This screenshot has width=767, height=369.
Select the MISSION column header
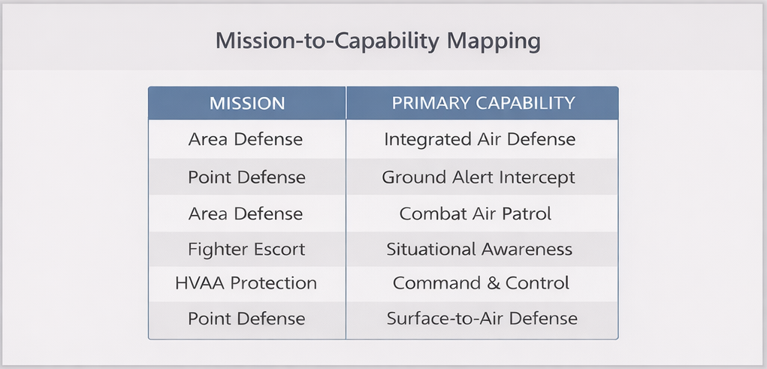(246, 103)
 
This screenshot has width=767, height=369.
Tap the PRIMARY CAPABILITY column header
(483, 103)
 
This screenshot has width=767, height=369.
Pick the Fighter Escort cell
(246, 250)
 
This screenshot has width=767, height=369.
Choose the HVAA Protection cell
(246, 283)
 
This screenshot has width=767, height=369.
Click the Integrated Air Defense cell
(479, 139)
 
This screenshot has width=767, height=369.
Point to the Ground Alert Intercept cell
(479, 177)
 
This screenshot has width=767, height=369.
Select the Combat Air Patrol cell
(476, 213)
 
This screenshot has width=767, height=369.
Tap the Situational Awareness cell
(479, 250)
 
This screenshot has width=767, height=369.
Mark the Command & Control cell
(481, 283)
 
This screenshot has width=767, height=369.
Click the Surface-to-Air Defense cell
(482, 318)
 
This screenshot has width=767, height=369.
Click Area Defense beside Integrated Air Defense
(246, 139)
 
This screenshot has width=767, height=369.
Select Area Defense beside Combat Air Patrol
(246, 213)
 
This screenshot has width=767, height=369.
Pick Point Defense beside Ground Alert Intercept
(246, 177)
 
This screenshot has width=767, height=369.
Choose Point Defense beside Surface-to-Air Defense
(246, 318)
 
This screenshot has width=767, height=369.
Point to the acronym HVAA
(201, 283)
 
